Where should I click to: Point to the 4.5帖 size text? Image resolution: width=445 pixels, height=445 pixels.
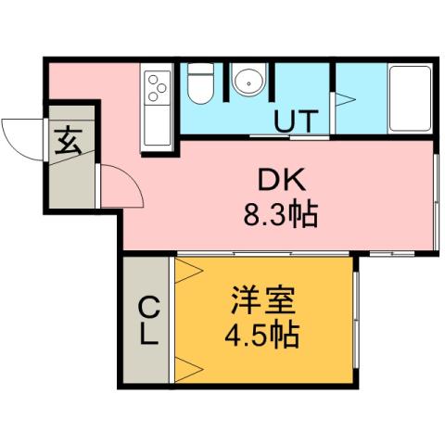[262, 335]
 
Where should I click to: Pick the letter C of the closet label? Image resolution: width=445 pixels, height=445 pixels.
[146, 306]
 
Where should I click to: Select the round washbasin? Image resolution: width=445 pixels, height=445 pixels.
[247, 82]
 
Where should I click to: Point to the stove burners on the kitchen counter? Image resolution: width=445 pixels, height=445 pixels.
[156, 86]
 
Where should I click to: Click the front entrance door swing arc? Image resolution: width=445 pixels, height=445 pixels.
[20, 139]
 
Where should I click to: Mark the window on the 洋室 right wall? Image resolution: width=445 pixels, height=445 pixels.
[355, 320]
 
